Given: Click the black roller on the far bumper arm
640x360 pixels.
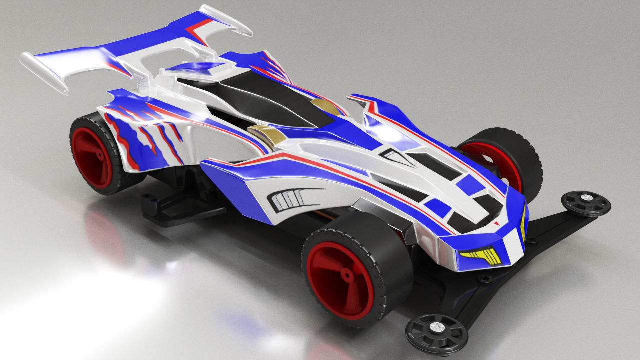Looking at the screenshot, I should click(585, 203).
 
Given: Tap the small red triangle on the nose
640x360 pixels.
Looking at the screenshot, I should click(496, 223).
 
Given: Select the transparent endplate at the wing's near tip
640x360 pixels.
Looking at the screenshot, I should click(44, 72).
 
